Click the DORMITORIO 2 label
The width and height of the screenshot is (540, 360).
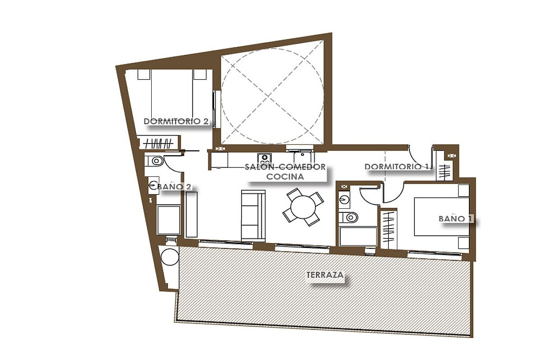click(176, 121)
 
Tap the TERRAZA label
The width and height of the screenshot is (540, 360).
click(325, 275)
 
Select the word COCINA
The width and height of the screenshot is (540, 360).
click(285, 176)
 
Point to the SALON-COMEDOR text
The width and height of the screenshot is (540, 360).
click(285, 166)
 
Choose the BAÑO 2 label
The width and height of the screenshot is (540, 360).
click(174, 186)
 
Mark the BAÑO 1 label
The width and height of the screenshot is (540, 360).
click(455, 218)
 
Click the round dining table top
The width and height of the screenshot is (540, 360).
click(303, 207)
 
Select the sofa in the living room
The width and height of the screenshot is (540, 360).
click(253, 216)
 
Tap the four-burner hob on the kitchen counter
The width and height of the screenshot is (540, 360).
click(265, 159)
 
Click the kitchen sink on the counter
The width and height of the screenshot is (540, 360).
click(304, 158)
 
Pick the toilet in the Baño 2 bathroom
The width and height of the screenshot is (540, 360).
click(154, 161)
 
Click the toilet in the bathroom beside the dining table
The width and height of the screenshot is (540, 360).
click(348, 218)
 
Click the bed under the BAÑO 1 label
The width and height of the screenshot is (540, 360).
click(441, 217)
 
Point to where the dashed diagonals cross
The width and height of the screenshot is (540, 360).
click(268, 96)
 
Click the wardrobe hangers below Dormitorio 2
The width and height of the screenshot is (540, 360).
click(158, 144)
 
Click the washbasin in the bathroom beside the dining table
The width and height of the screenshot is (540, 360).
click(344, 200)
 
